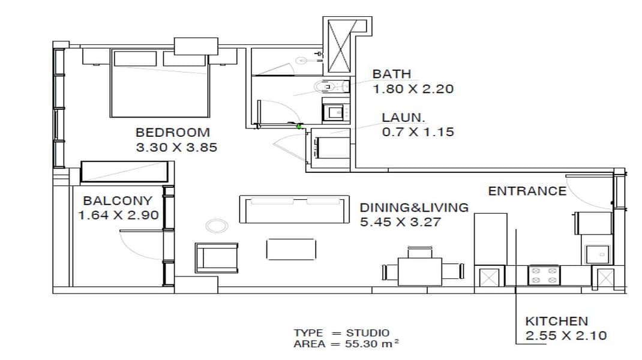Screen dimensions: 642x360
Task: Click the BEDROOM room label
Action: (172, 133)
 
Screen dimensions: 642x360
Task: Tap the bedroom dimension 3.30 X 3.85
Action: (176, 148)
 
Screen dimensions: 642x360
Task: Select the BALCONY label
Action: (118, 200)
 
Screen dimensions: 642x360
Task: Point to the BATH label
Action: (391, 74)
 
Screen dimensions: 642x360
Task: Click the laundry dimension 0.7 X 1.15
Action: (418, 132)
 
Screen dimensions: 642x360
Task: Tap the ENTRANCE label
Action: (527, 191)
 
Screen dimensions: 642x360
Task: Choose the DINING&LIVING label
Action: (414, 208)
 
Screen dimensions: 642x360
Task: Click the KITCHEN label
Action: (556, 321)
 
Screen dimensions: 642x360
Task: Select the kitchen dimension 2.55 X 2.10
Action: (566, 336)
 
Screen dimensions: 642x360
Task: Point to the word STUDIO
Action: (368, 333)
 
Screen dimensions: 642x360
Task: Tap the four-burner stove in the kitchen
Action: (544, 275)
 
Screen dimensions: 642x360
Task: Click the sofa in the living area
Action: (294, 209)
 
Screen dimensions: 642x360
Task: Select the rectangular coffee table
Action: (291, 249)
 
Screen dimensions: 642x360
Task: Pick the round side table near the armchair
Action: (217, 226)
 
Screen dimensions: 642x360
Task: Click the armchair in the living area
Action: (217, 258)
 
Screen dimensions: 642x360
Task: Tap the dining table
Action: (419, 271)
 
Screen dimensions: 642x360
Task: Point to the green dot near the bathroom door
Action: (299, 127)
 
